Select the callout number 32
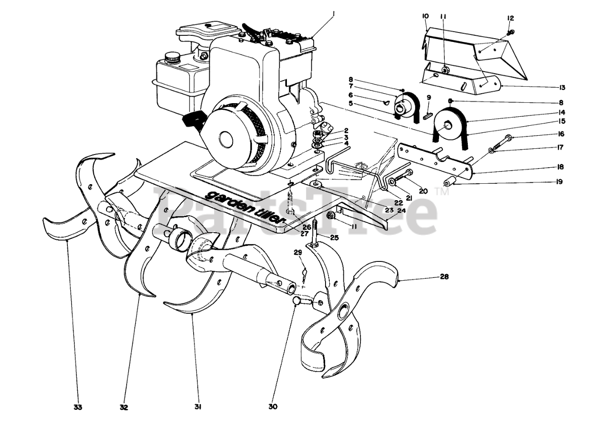click(124, 407)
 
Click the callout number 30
click(273, 407)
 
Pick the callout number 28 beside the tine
click(444, 277)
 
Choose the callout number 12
click(511, 18)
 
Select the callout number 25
click(334, 238)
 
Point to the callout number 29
click(298, 253)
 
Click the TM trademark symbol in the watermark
click(443, 192)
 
